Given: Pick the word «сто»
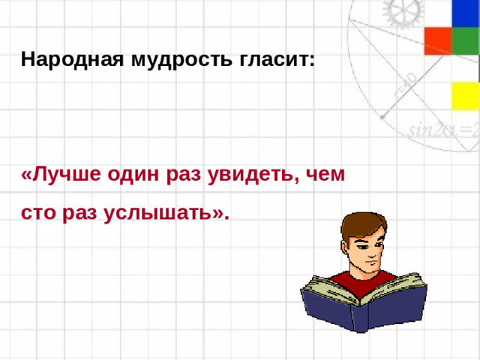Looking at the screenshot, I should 39,213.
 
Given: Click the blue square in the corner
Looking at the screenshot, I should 465,13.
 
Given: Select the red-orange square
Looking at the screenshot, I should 437,41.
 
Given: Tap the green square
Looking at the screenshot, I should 465,41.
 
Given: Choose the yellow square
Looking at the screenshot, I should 465,95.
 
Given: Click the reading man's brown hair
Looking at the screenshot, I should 360,225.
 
